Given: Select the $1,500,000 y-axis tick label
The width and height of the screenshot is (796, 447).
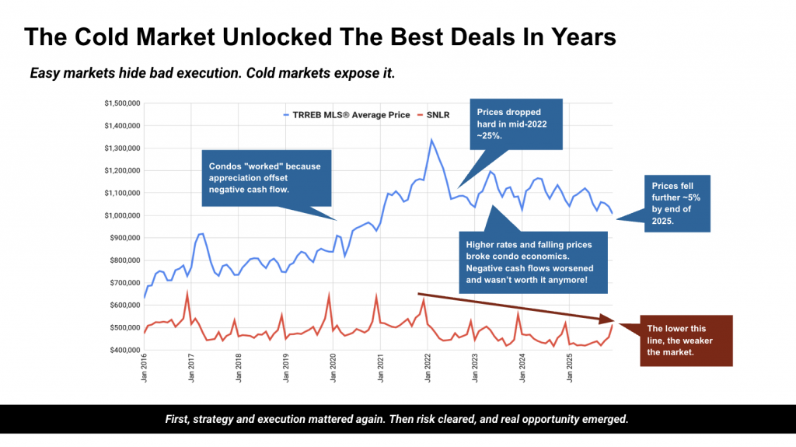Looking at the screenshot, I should [121, 103].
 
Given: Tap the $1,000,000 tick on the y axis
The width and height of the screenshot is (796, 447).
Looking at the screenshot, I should [121, 215].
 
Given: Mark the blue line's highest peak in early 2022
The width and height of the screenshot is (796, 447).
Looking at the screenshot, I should [431, 140].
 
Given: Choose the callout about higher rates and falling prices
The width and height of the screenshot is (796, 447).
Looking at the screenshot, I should [531, 261].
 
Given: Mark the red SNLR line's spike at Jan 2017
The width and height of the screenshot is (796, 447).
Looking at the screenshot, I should [187, 293].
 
